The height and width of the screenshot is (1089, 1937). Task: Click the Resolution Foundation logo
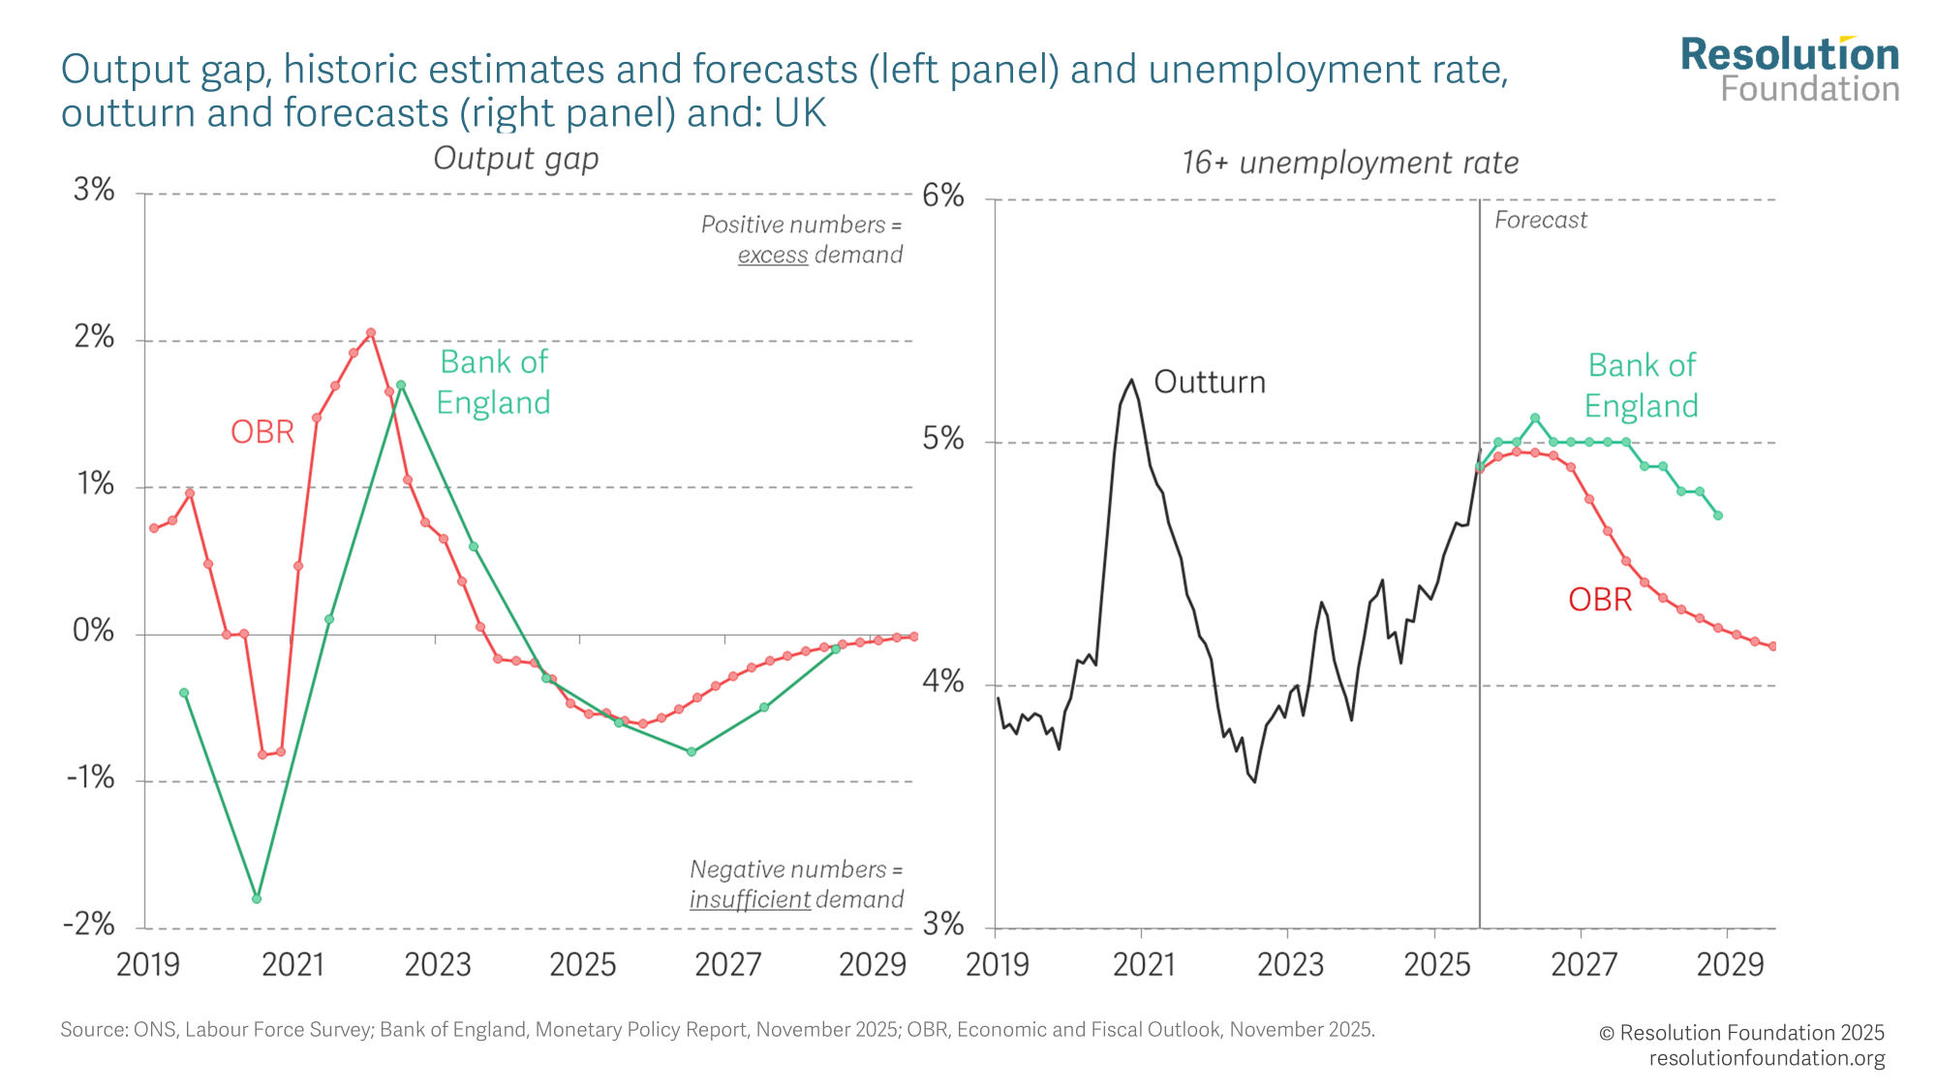1790,70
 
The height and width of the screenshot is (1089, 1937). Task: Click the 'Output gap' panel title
515,158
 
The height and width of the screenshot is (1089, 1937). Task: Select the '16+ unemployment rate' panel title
1349,163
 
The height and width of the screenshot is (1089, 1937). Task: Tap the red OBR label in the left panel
261,432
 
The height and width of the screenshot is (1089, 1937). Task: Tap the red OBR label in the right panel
1600,600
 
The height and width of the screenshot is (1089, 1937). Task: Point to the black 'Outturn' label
1210,382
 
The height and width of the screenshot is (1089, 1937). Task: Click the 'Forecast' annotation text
1540,221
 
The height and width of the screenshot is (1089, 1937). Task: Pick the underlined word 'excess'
772,255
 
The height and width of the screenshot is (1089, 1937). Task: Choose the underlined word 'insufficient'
750,899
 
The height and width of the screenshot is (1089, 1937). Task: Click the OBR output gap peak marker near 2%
371,333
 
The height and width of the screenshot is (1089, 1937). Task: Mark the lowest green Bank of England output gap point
257,898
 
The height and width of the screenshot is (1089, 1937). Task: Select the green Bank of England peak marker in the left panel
401,385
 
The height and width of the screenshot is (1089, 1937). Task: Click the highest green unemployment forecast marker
1535,418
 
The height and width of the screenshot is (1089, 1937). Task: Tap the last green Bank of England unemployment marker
1717,515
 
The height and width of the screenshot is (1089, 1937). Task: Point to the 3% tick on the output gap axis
94,191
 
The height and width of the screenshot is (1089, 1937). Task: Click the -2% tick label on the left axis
89,924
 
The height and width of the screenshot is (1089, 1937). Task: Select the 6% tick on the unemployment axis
942,197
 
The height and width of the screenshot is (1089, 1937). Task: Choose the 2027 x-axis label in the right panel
1583,965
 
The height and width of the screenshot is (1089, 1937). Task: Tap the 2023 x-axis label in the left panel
438,965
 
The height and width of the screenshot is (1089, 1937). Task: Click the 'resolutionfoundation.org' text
1767,1058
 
